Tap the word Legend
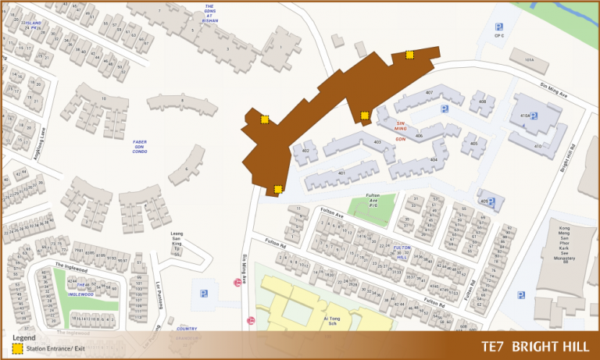[24, 337]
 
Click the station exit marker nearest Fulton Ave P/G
[278, 189]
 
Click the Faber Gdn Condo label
[140, 146]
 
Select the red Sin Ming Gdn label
[402, 130]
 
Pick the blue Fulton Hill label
[402, 252]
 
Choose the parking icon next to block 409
[492, 201]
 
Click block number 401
[341, 173]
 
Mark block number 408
[483, 102]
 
